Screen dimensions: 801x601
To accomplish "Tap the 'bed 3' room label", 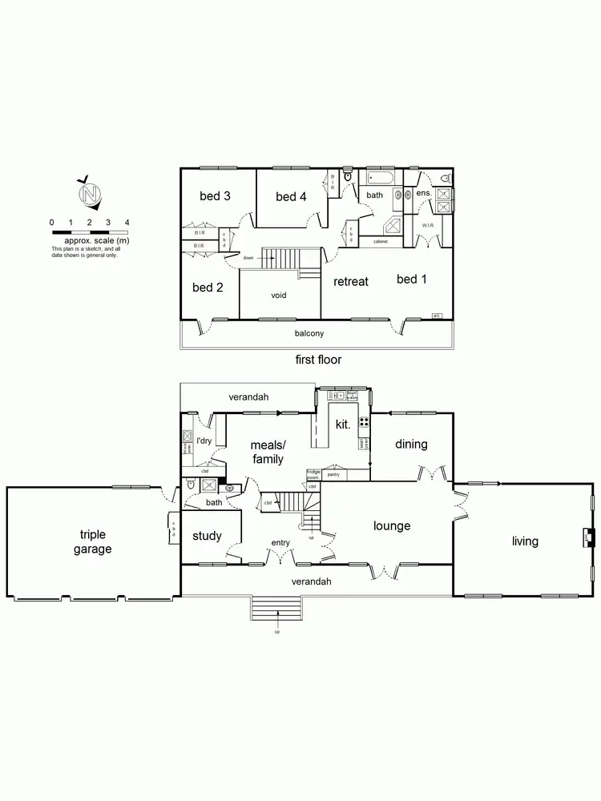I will click(x=216, y=195).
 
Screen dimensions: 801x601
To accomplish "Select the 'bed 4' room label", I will click(x=291, y=197).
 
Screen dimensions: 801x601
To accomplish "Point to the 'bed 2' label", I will click(x=208, y=288).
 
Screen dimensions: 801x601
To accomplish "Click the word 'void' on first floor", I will click(x=278, y=296).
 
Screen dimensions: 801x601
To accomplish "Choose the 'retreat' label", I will click(x=350, y=282).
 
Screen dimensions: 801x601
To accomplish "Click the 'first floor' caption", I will click(x=318, y=360).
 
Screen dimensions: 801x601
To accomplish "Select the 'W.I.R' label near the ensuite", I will click(x=428, y=226).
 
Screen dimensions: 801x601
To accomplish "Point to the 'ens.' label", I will click(x=423, y=193).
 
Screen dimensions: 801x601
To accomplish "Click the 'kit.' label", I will click(x=343, y=423).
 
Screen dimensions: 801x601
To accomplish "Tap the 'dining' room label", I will click(x=412, y=444).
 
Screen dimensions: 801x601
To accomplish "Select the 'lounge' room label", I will click(x=392, y=526).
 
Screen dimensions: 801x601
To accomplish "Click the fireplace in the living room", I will click(x=587, y=538).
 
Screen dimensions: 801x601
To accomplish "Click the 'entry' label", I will click(x=280, y=543).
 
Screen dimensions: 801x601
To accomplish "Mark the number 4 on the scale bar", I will click(x=127, y=222).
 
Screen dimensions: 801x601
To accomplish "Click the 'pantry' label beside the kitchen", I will click(x=333, y=475).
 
